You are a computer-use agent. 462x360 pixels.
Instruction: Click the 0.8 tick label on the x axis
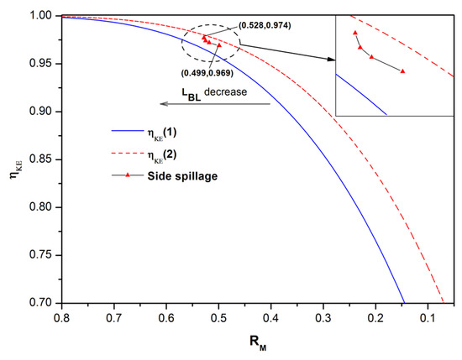pyautogui.click(x=60, y=319)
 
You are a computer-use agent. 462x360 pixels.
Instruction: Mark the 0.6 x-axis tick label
pyautogui.click(x=165, y=319)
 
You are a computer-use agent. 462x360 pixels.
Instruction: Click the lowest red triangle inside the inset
pyautogui.click(x=403, y=71)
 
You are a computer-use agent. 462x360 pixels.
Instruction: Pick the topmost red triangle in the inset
pyautogui.click(x=355, y=33)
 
